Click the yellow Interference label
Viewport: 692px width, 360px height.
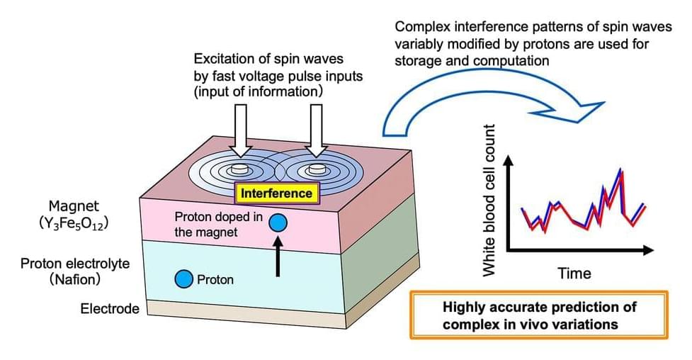(x=276, y=193)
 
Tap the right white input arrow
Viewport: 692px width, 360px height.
(x=313, y=128)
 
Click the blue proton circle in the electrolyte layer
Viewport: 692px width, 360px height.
(x=184, y=279)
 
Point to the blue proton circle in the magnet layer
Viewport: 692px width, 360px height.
(x=279, y=223)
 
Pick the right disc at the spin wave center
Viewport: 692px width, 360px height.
(x=312, y=170)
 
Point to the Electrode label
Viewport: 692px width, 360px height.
(x=109, y=309)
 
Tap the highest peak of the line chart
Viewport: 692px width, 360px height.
(x=621, y=170)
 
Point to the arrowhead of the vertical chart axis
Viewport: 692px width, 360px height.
(x=508, y=161)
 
